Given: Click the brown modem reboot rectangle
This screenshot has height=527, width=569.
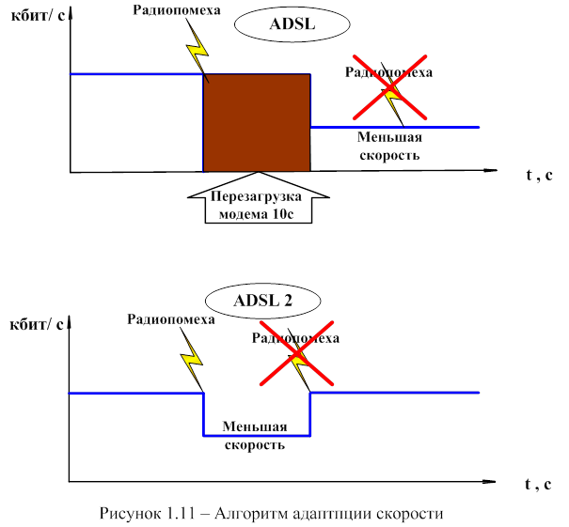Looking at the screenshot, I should coord(257,123).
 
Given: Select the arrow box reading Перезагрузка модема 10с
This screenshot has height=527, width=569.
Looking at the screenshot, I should coord(259,201).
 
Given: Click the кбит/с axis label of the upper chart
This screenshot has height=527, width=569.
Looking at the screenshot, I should coord(37,19).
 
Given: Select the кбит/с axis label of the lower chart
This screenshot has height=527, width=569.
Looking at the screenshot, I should coord(37,326).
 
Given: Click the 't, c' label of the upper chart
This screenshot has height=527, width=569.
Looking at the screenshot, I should coord(539,175).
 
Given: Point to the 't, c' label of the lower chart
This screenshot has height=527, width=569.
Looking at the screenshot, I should coord(539,485).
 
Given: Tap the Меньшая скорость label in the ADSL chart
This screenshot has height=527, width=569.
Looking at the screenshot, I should coord(388,146).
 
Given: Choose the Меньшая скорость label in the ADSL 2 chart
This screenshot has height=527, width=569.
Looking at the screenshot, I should coord(254,435).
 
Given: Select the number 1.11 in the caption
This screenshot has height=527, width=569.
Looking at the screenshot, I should coord(179,514).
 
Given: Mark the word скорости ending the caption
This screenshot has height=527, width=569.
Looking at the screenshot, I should coord(408,514).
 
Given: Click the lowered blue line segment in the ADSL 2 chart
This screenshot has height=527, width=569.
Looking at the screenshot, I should coord(257,437).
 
